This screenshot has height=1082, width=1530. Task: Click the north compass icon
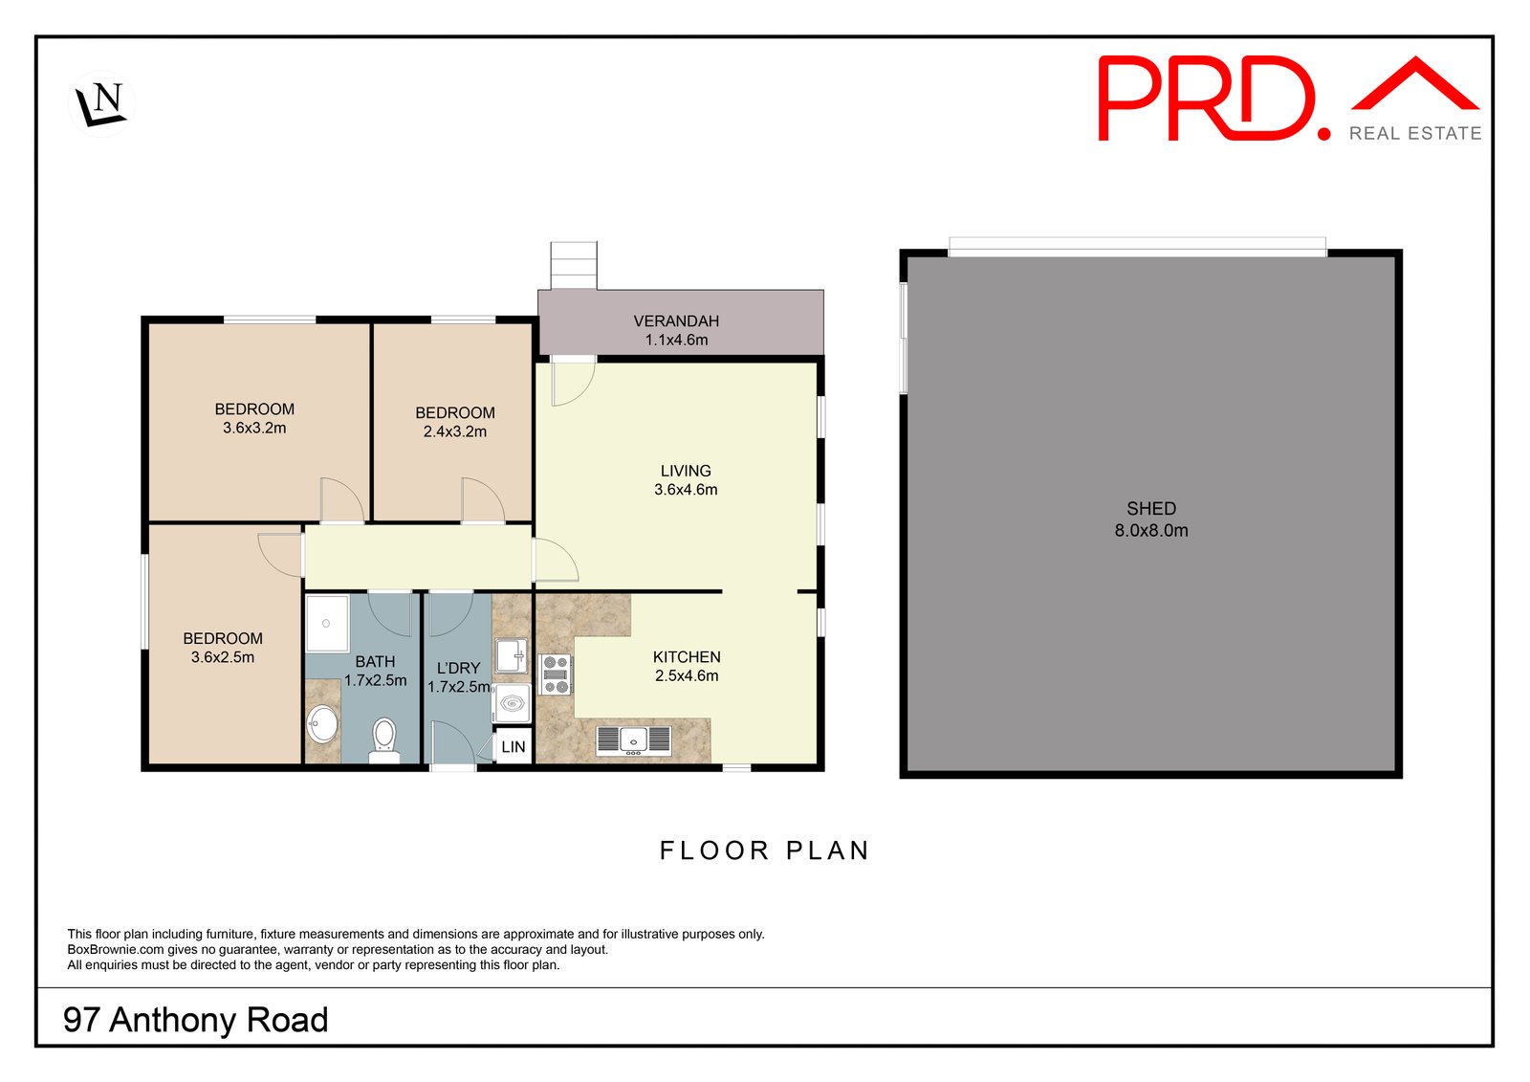(101, 103)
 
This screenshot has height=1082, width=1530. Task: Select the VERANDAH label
(676, 321)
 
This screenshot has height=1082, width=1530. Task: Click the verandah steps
(574, 265)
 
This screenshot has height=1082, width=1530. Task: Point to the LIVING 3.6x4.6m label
(686, 480)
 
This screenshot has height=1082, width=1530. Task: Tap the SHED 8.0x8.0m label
(1151, 519)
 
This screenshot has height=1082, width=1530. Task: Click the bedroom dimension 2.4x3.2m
(455, 431)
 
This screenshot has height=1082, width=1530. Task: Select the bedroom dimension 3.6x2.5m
(223, 657)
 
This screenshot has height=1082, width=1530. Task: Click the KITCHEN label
(687, 657)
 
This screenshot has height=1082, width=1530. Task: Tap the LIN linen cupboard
(514, 747)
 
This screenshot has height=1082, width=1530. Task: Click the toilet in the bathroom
(384, 739)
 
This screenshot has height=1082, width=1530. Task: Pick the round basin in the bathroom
(323, 724)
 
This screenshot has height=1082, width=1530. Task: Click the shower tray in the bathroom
(327, 623)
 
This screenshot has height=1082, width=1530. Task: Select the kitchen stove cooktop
(556, 673)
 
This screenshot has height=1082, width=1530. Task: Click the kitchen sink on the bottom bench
(633, 740)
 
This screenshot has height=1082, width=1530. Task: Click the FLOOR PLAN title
(764, 850)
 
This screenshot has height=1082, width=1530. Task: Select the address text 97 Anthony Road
(195, 1020)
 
